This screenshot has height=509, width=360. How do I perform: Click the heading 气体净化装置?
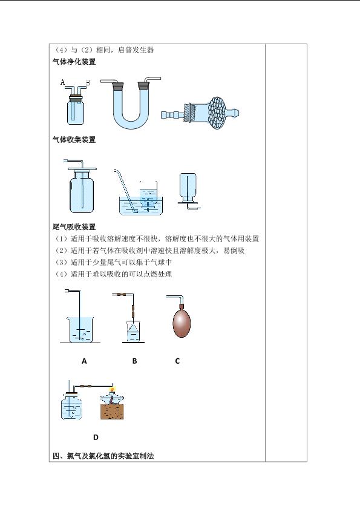click(x=74, y=62)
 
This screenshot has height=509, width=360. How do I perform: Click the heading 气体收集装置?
click(x=74, y=140)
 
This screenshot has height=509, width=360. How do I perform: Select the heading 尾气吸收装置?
click(x=74, y=227)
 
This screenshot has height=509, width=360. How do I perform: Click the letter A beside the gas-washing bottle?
click(x=62, y=82)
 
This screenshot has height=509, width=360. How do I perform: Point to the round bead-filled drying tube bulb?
click(x=218, y=113)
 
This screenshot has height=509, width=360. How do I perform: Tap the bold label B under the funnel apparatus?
click(x=134, y=361)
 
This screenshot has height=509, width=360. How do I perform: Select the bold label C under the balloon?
click(x=177, y=361)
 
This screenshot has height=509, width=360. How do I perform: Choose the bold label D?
click(x=96, y=437)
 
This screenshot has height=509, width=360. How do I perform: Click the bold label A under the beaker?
click(x=84, y=361)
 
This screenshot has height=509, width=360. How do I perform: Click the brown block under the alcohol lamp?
click(x=112, y=412)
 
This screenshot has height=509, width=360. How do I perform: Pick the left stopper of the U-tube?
click(x=118, y=86)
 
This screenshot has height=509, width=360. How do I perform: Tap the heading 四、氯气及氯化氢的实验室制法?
click(x=103, y=456)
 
